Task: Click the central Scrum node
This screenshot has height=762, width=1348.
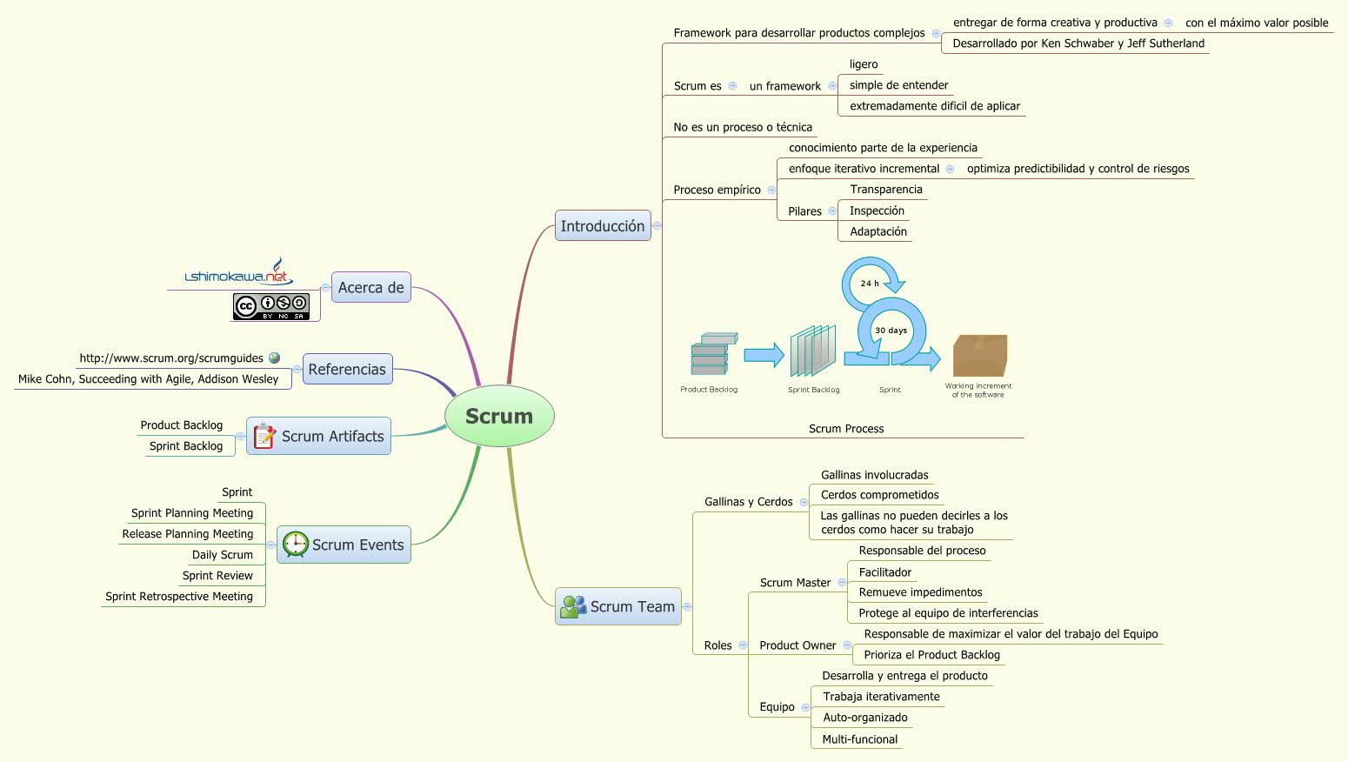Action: point(499,416)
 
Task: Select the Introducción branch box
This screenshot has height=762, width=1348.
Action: point(603,226)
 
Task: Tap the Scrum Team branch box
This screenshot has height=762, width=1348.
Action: point(618,606)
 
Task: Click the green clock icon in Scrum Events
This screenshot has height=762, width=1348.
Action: point(296,544)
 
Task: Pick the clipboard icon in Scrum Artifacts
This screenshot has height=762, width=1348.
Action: point(264,436)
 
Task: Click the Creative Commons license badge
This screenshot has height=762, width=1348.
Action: point(270,306)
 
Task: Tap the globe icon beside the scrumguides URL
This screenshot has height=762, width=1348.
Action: point(275,358)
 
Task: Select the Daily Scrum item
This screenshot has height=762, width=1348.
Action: point(223,555)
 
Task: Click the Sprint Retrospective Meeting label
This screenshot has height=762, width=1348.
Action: point(179,597)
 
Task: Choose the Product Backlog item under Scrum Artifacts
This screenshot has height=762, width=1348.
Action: point(182,425)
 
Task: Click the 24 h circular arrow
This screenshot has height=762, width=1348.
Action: point(871,280)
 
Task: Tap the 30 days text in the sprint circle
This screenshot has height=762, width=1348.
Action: point(891,331)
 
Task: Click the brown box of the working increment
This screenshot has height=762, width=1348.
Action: point(979,355)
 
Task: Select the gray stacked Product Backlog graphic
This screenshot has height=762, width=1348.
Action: point(712,354)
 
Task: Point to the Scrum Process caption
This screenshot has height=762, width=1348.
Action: point(845,429)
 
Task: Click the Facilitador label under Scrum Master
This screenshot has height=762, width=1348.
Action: point(884,572)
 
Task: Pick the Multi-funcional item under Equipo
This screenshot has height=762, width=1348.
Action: point(859,739)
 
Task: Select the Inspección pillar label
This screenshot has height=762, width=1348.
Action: point(877,211)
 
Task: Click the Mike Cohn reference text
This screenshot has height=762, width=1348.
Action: point(149,379)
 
